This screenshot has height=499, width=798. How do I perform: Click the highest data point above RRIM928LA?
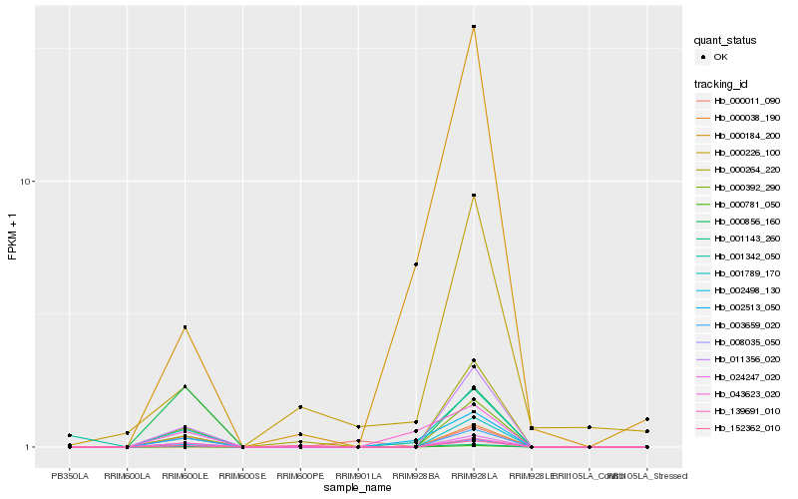474,27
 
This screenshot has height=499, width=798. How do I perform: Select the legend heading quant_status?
725,41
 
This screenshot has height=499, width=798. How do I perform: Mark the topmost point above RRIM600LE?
185,327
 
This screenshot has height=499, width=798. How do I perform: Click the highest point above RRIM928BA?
416,264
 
